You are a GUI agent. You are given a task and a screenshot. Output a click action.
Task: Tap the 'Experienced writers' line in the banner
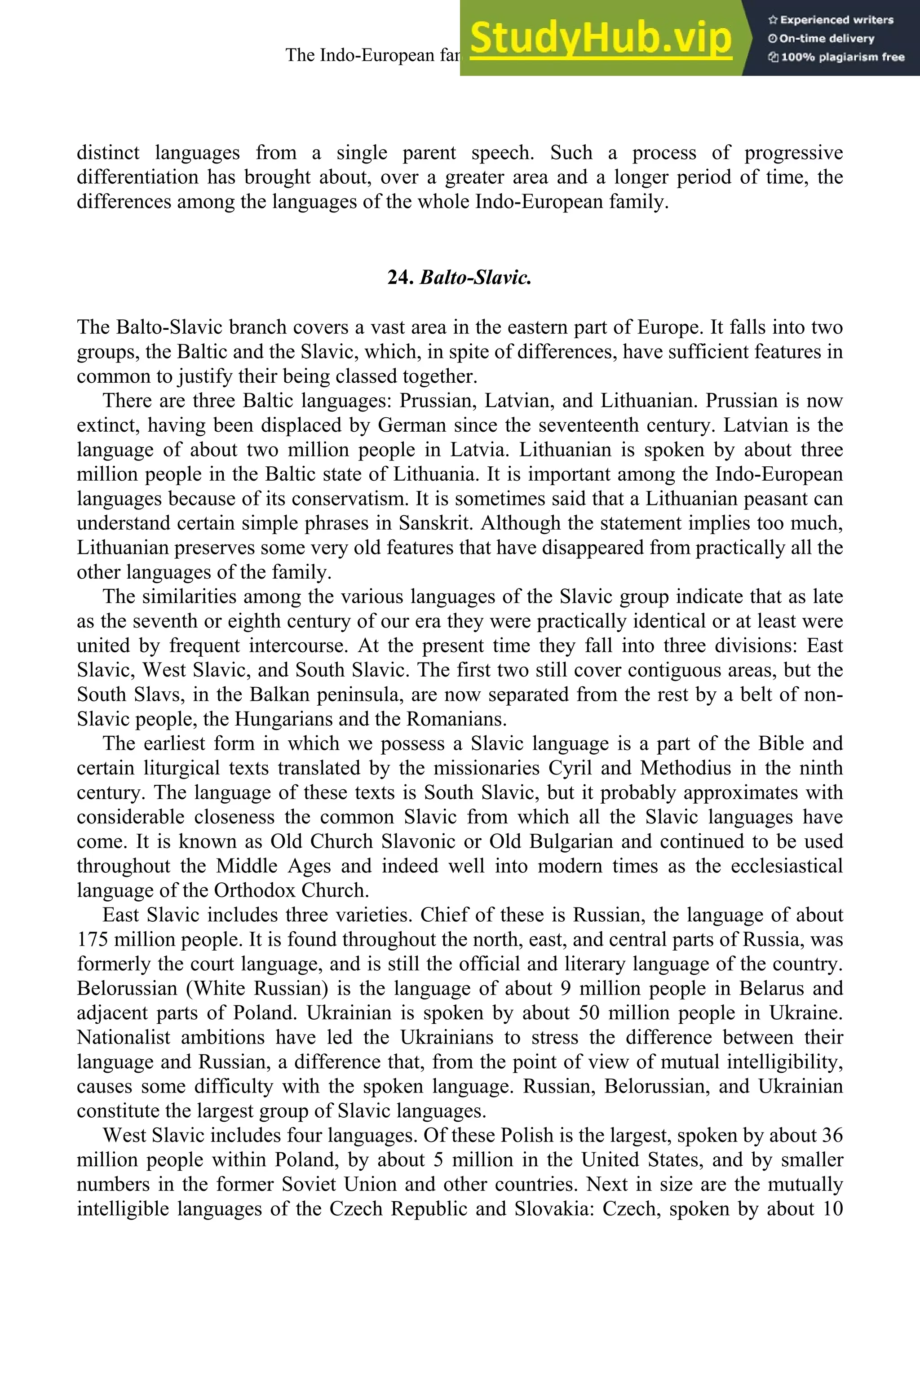(831, 20)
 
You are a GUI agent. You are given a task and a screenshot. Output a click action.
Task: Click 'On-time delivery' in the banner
(822, 39)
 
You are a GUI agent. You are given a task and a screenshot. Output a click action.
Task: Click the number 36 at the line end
(832, 1135)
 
